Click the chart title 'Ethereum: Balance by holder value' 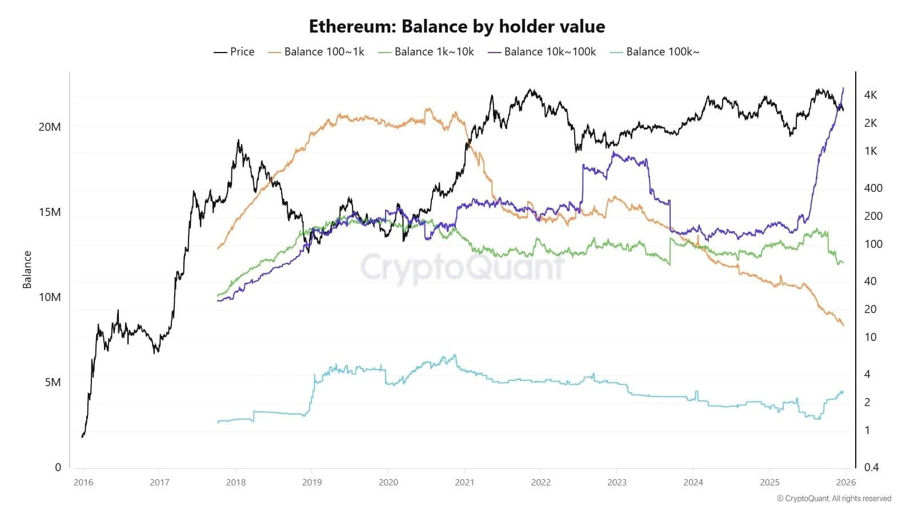coord(457,26)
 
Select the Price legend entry coord(234,51)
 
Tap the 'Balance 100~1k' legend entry coord(316,51)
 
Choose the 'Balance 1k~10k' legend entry coord(427,51)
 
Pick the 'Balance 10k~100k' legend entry coord(542,51)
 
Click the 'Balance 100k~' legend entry coord(655,51)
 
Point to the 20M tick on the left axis coord(50,127)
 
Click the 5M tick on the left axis coord(53,382)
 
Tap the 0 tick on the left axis coord(58,467)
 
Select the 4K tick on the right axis coord(871,95)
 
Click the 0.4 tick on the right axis coord(872,467)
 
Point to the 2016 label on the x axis coord(83,482)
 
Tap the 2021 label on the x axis coord(464,482)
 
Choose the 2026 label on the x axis coord(846,482)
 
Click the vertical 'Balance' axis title coord(27,270)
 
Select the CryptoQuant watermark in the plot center coord(462,267)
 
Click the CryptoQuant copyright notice coord(834,499)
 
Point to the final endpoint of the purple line coord(843,88)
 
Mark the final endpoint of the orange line coord(843,326)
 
